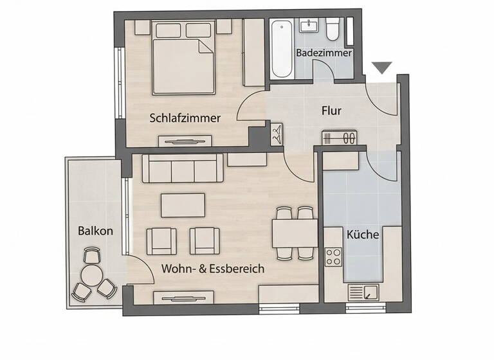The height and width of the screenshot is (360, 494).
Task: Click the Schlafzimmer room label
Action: [185, 118]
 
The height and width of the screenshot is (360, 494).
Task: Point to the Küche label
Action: [362, 235]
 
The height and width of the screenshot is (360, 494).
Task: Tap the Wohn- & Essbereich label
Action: [212, 269]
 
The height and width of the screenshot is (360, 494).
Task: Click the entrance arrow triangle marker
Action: [382, 67]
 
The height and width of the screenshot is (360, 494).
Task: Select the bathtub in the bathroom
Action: [281, 48]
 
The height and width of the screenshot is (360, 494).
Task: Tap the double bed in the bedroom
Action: [183, 58]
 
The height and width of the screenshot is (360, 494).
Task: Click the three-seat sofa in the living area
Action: [183, 170]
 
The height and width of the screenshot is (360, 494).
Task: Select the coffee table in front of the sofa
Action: [183, 205]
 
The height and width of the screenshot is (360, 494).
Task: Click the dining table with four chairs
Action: [294, 233]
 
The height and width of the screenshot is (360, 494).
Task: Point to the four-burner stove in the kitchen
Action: [333, 257]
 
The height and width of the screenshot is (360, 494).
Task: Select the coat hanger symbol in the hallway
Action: [277, 133]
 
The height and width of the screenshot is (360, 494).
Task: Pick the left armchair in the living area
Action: [160, 240]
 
